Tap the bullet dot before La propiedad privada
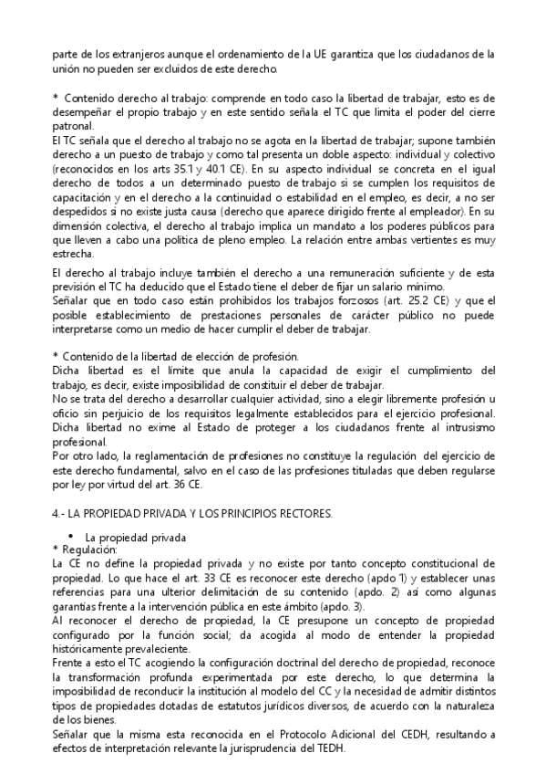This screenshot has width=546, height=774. [71, 535]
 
